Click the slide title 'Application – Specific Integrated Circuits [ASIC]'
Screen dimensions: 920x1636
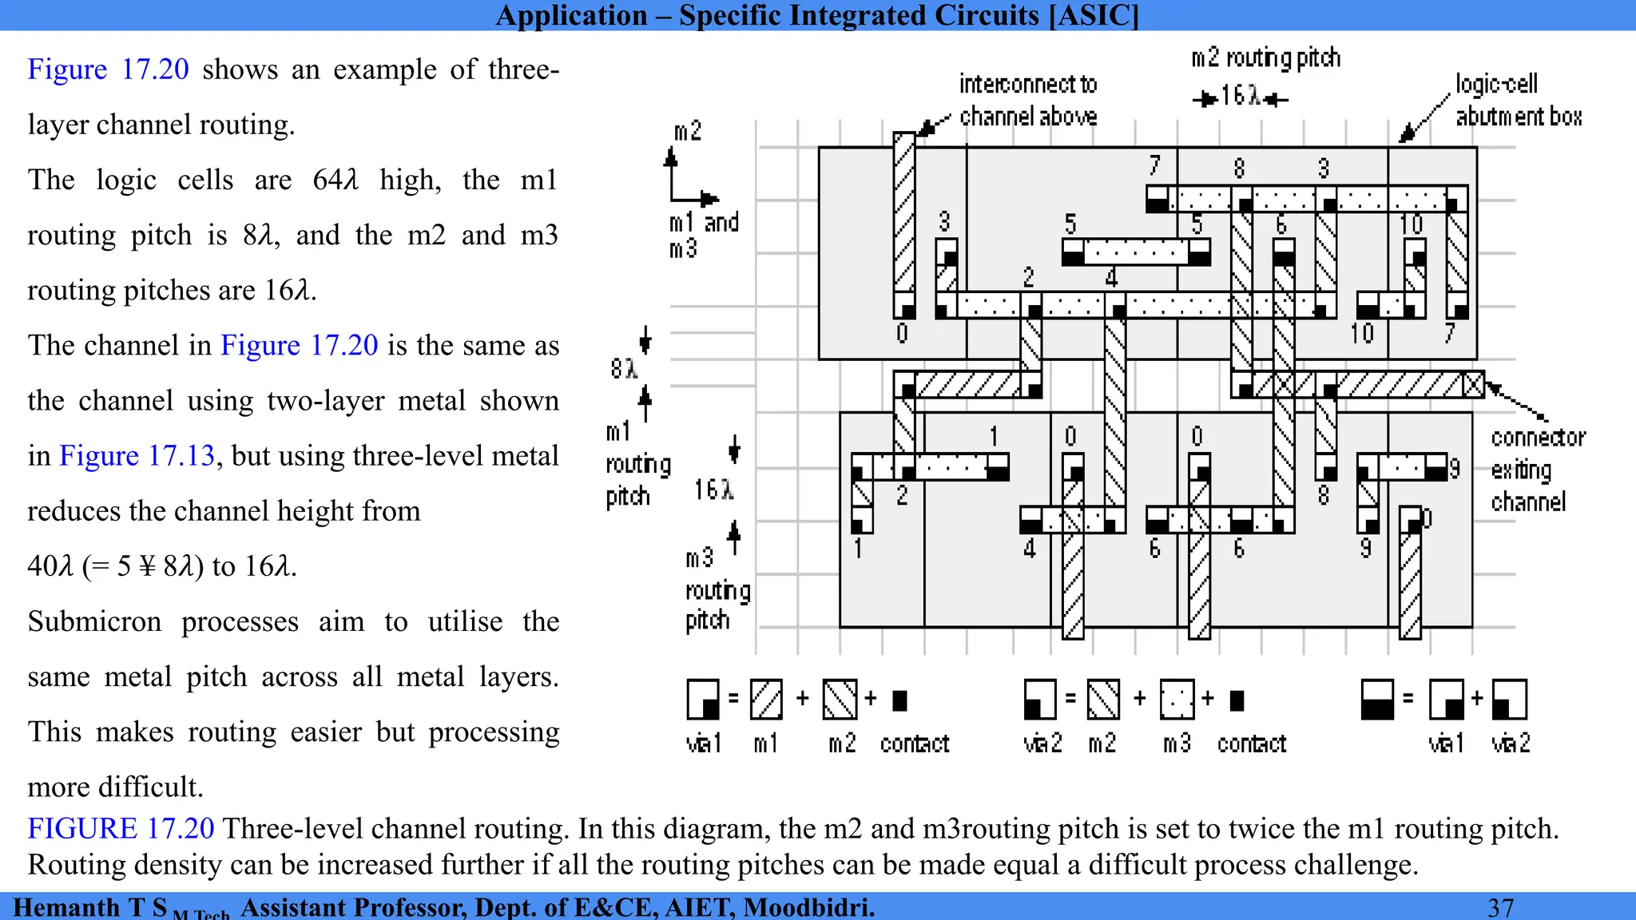[x=817, y=15]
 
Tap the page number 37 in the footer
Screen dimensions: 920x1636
[x=1500, y=907]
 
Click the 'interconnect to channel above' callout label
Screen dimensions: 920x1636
[x=1028, y=100]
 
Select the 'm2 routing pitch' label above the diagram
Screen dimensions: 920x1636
[x=1265, y=58]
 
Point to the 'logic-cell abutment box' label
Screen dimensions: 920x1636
[x=1518, y=100]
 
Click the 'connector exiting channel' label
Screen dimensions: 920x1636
[x=1536, y=470]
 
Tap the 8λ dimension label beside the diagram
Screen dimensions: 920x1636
[x=624, y=368]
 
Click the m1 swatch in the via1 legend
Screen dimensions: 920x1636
[x=766, y=700]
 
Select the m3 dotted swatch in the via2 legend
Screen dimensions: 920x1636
[x=1177, y=700]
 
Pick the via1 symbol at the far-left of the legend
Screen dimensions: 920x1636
[x=703, y=700]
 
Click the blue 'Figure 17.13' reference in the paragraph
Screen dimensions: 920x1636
[x=137, y=456]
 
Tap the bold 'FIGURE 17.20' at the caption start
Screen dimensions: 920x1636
[x=121, y=828]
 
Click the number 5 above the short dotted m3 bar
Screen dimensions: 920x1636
[x=1070, y=224]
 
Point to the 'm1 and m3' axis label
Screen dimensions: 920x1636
[x=703, y=235]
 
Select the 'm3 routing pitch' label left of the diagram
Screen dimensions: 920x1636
[x=717, y=589]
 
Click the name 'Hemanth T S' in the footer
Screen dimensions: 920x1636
[x=89, y=907]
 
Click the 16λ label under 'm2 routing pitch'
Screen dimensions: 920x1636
[x=1241, y=97]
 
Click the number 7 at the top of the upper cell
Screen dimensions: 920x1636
[x=1154, y=165]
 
